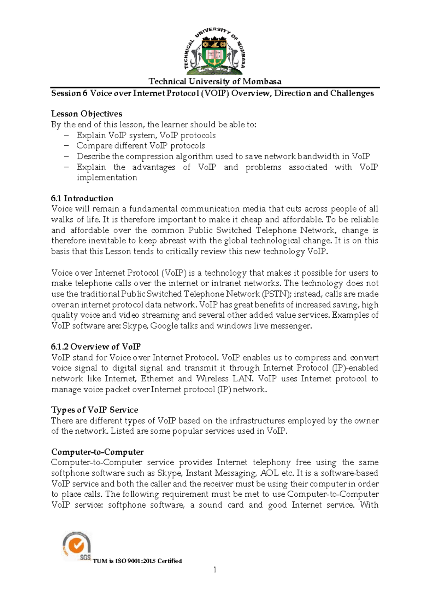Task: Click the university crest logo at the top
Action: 214,49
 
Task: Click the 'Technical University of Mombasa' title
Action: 215,81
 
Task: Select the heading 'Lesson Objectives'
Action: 87,114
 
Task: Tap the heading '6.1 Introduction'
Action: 82,198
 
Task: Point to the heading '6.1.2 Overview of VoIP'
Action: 96,347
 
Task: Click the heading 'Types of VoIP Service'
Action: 95,410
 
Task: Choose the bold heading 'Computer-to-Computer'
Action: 97,452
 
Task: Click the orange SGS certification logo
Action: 76,546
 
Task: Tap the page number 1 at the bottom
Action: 214,570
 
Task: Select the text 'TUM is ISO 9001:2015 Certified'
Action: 137,561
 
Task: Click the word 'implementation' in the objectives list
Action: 107,178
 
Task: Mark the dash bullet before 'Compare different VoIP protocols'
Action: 66,146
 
